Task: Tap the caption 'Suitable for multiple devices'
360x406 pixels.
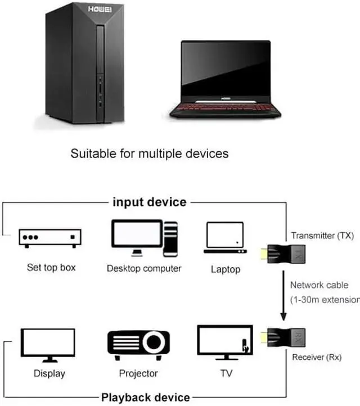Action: tap(150, 153)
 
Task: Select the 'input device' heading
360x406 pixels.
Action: tap(150, 202)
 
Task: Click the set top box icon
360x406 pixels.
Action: tap(48, 238)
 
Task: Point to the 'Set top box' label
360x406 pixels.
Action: tap(51, 267)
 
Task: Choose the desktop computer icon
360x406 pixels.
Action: tap(145, 238)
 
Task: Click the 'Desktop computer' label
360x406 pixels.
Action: tap(144, 268)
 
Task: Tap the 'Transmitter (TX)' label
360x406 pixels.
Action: tap(322, 236)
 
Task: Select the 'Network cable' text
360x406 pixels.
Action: tap(319, 285)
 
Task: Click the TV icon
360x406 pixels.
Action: tap(224, 342)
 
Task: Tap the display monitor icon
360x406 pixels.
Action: tap(48, 344)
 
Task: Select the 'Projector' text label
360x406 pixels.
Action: tap(138, 373)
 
